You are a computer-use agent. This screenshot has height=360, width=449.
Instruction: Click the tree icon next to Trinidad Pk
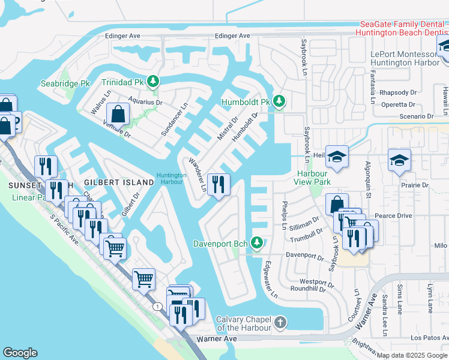point(154,81)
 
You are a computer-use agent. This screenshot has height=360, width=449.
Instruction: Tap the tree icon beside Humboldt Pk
point(279,101)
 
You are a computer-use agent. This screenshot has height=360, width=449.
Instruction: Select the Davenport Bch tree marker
point(257,243)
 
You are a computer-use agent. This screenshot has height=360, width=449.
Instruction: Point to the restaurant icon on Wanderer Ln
point(218,183)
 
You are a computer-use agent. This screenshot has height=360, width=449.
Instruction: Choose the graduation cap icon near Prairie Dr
point(399,160)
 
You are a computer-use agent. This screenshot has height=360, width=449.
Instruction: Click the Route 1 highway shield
point(156,307)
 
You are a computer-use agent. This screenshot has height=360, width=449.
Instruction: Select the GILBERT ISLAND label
point(119,182)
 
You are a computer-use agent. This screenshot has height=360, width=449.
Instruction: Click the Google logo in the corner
point(20,353)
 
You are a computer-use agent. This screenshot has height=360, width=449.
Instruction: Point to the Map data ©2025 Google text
point(412,355)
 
